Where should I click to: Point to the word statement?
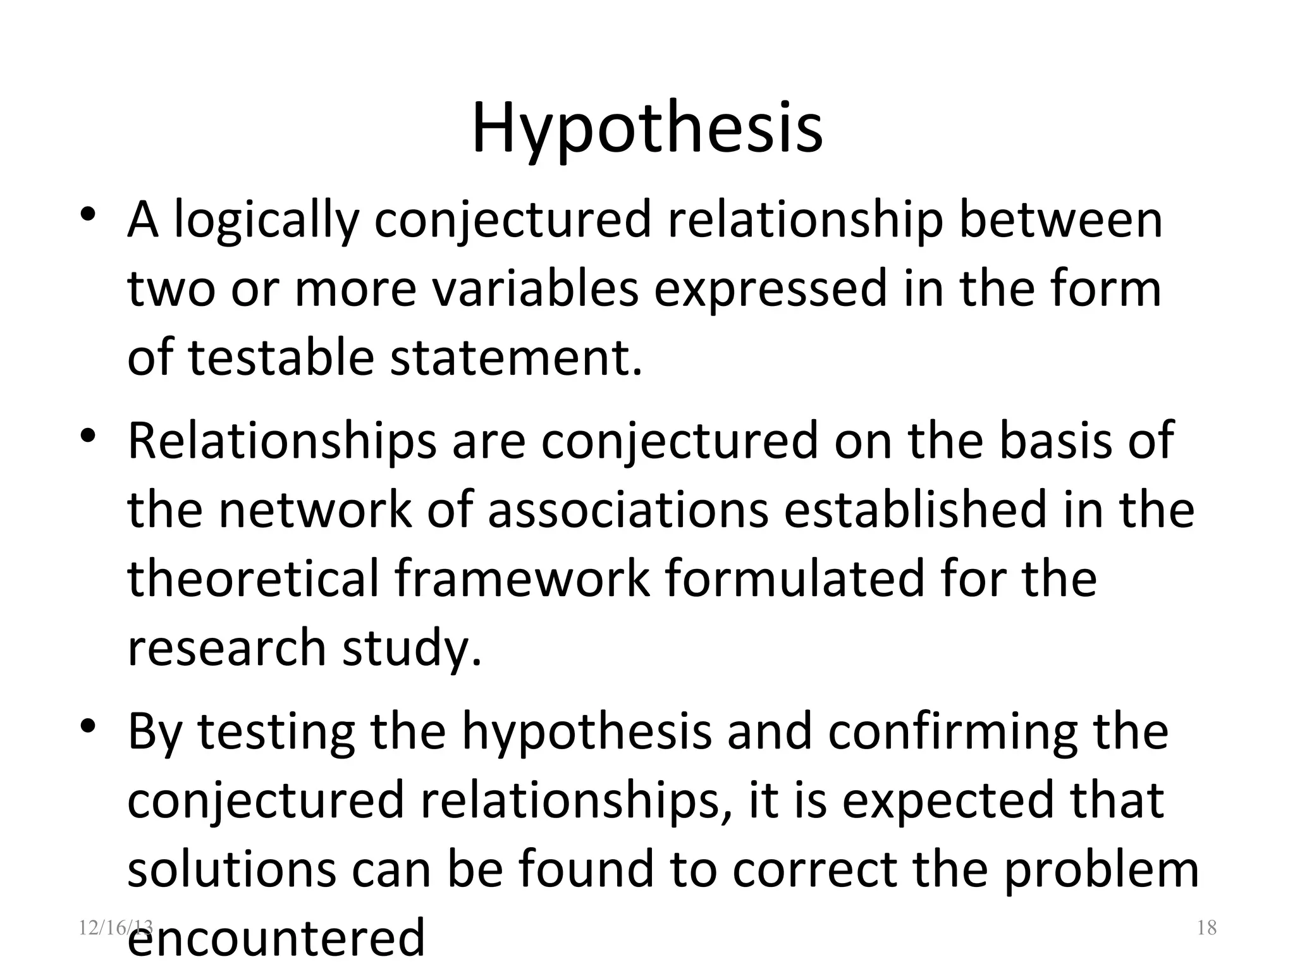pyautogui.click(x=515, y=357)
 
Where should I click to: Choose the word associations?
pyautogui.click(x=628, y=510)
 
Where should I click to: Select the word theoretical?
pyautogui.click(x=253, y=578)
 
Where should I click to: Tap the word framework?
pyautogui.click(x=522, y=578)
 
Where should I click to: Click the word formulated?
pyautogui.click(x=795, y=578)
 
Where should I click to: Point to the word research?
pyautogui.click(x=227, y=648)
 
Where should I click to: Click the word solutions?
pyautogui.click(x=231, y=869)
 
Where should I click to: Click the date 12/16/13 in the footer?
pyautogui.click(x=116, y=927)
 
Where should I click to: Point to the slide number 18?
pyautogui.click(x=1206, y=928)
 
